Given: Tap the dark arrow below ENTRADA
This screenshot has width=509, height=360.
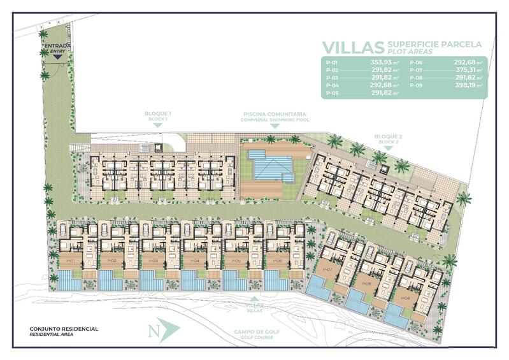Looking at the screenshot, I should tap(57, 57).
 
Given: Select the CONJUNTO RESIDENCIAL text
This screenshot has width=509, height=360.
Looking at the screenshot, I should tap(64, 329).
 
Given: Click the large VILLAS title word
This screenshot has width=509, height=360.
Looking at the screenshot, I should tap(353, 47).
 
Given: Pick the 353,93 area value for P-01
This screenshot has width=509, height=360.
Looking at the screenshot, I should tap(384, 62).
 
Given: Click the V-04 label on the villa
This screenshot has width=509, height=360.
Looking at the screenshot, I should tap(194, 261).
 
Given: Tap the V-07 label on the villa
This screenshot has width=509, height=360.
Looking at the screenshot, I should tap(327, 270).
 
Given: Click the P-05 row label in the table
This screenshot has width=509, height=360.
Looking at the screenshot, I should tap(331, 93).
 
